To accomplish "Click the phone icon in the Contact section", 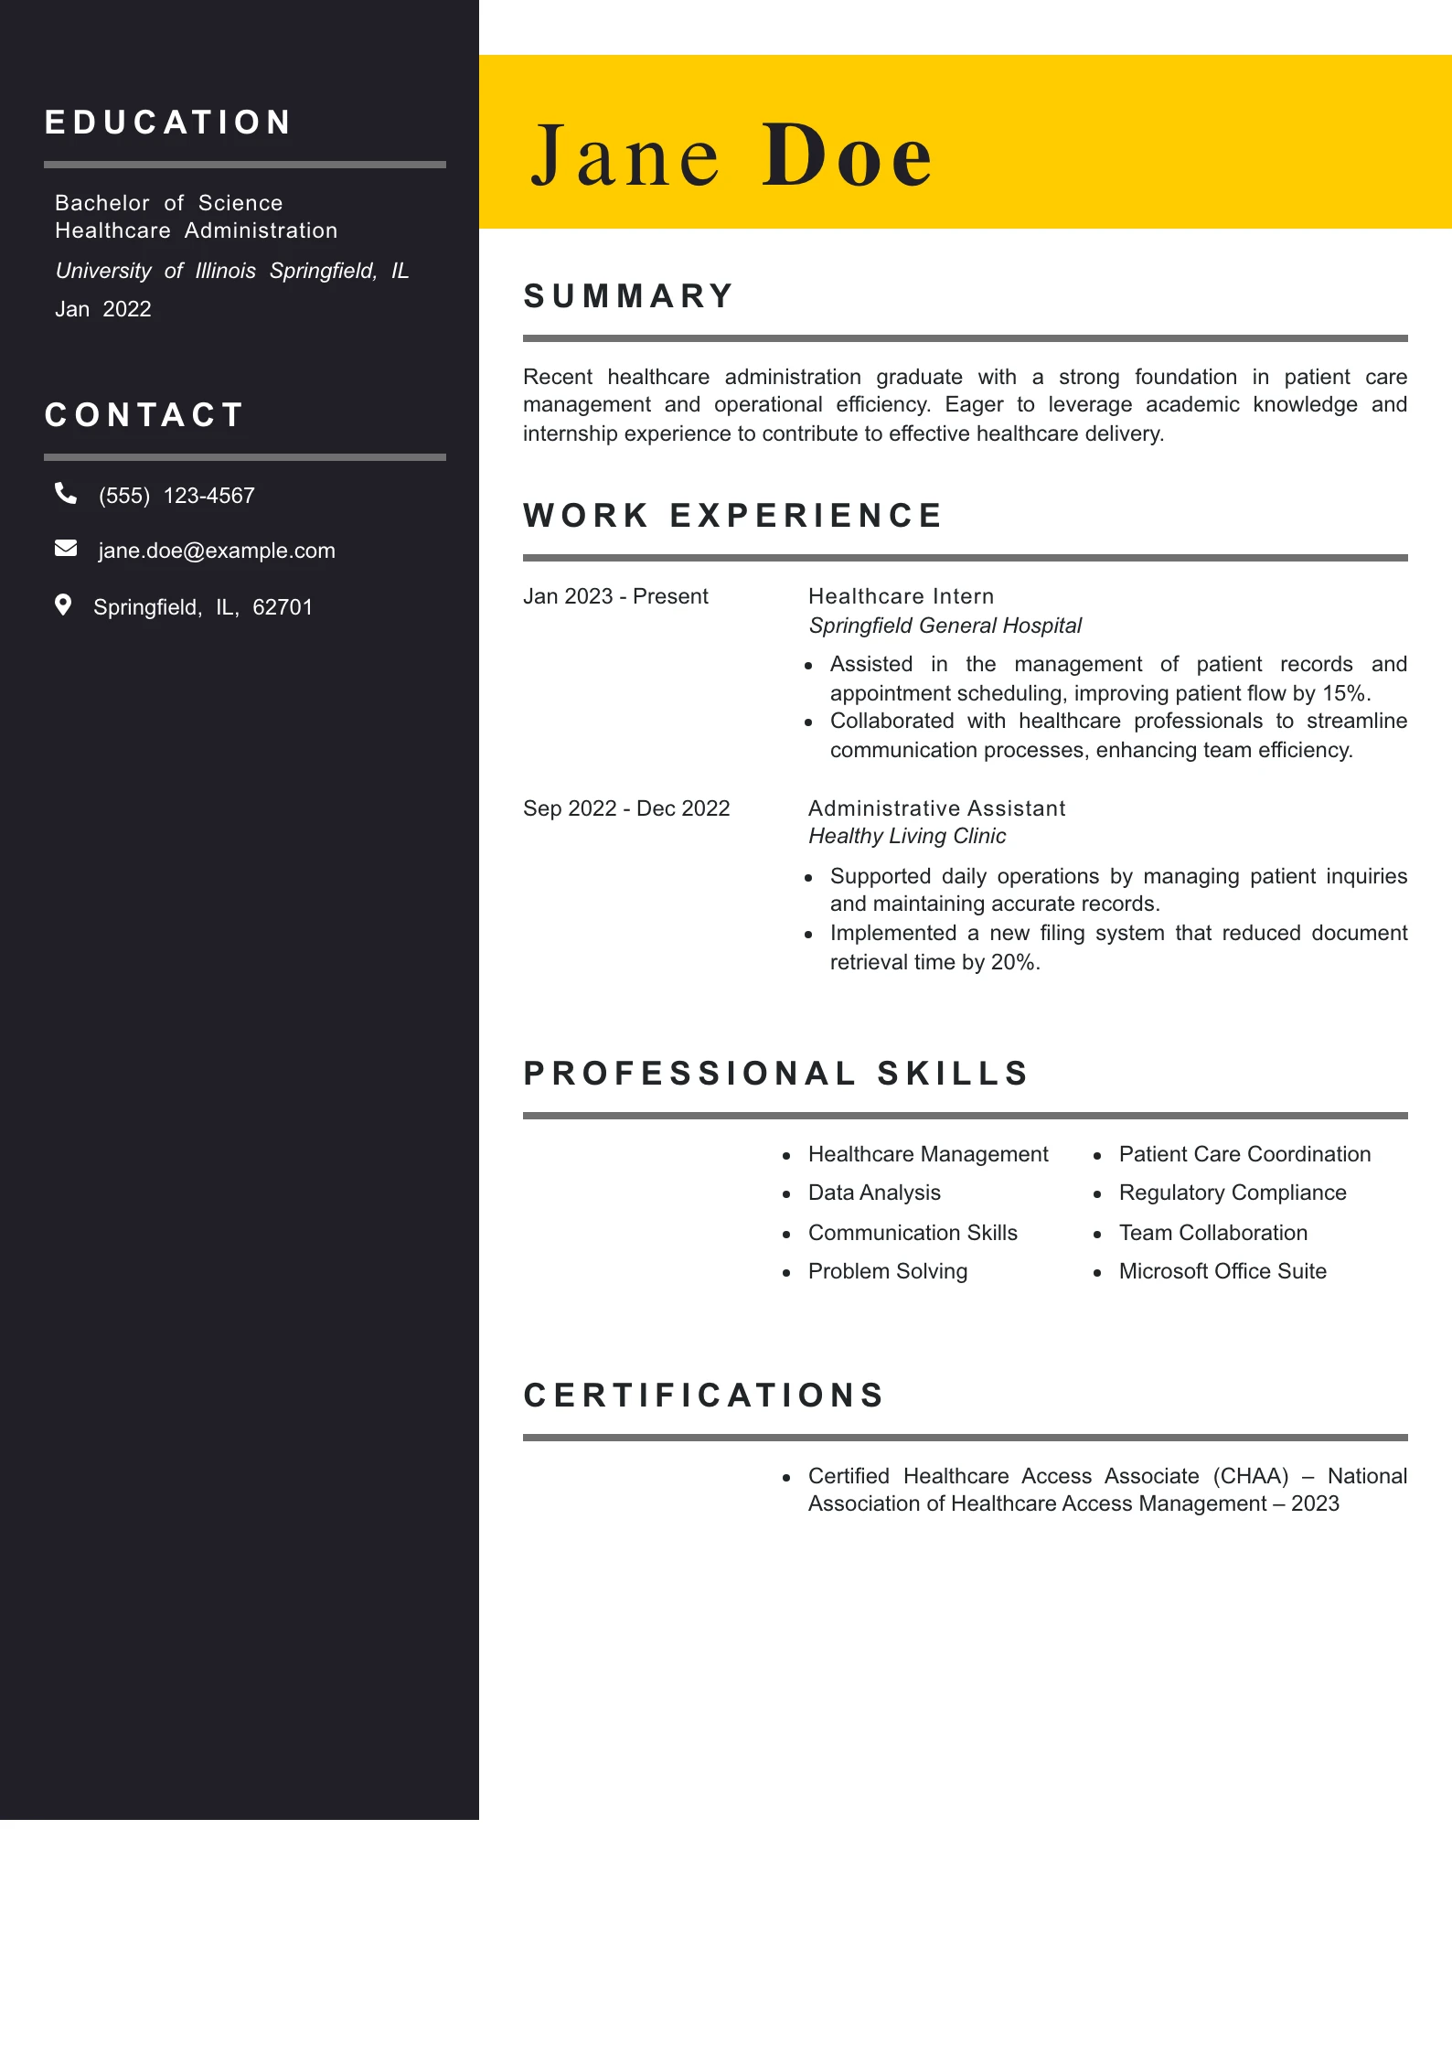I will pyautogui.click(x=66, y=494).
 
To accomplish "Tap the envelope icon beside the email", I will pyautogui.click(x=66, y=549).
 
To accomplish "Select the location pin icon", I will pyautogui.click(x=63, y=605).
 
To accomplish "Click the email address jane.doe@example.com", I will pyautogui.click(x=217, y=551).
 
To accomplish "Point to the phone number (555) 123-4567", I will pyautogui.click(x=176, y=496).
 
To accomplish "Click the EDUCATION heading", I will pyautogui.click(x=169, y=123).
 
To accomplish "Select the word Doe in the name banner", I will pyautogui.click(x=847, y=155).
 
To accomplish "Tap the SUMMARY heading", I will pyautogui.click(x=629, y=296).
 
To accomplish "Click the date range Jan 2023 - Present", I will pyautogui.click(x=615, y=596).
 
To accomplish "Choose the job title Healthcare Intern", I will pyautogui.click(x=901, y=596).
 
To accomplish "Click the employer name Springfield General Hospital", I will pyautogui.click(x=945, y=626).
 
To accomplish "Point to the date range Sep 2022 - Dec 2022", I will pyautogui.click(x=626, y=808).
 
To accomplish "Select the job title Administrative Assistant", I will pyautogui.click(x=936, y=808).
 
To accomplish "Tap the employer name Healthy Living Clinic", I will pyautogui.click(x=907, y=836).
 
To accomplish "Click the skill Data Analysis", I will pyautogui.click(x=874, y=1193).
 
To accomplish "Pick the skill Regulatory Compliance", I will pyautogui.click(x=1233, y=1193).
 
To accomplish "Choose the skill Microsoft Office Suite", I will pyautogui.click(x=1222, y=1271).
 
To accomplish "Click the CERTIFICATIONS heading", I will pyautogui.click(x=704, y=1396).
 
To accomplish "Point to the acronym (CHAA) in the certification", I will pyautogui.click(x=1251, y=1476).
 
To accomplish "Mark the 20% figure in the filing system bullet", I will pyautogui.click(x=1014, y=962).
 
